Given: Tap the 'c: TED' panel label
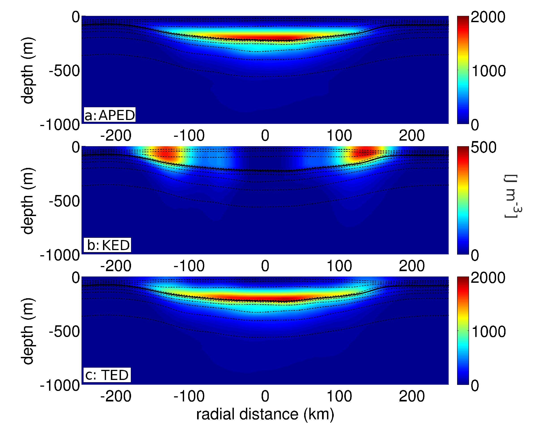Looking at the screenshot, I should coord(107,375).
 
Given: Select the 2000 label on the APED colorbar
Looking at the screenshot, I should coord(488,17).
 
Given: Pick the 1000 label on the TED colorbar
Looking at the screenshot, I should coord(488,332).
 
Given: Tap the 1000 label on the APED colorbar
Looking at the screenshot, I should coord(488,71).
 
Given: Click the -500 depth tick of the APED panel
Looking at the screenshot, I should coord(64,71).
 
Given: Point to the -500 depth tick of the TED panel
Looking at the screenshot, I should coord(64,332).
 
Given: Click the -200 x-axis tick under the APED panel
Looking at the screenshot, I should coord(116,135).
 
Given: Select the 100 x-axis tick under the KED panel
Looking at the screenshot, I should coord(339,266).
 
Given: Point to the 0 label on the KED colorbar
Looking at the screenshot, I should coord(475,255).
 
